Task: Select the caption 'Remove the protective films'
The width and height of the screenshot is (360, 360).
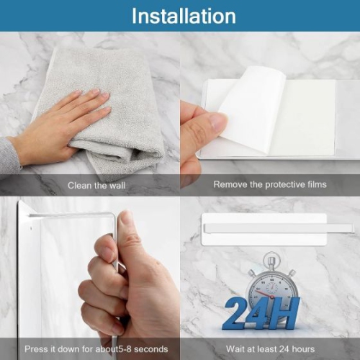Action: click(269, 185)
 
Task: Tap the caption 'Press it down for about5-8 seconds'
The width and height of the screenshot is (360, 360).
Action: click(89, 349)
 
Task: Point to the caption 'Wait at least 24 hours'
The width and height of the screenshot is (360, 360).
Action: click(269, 349)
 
